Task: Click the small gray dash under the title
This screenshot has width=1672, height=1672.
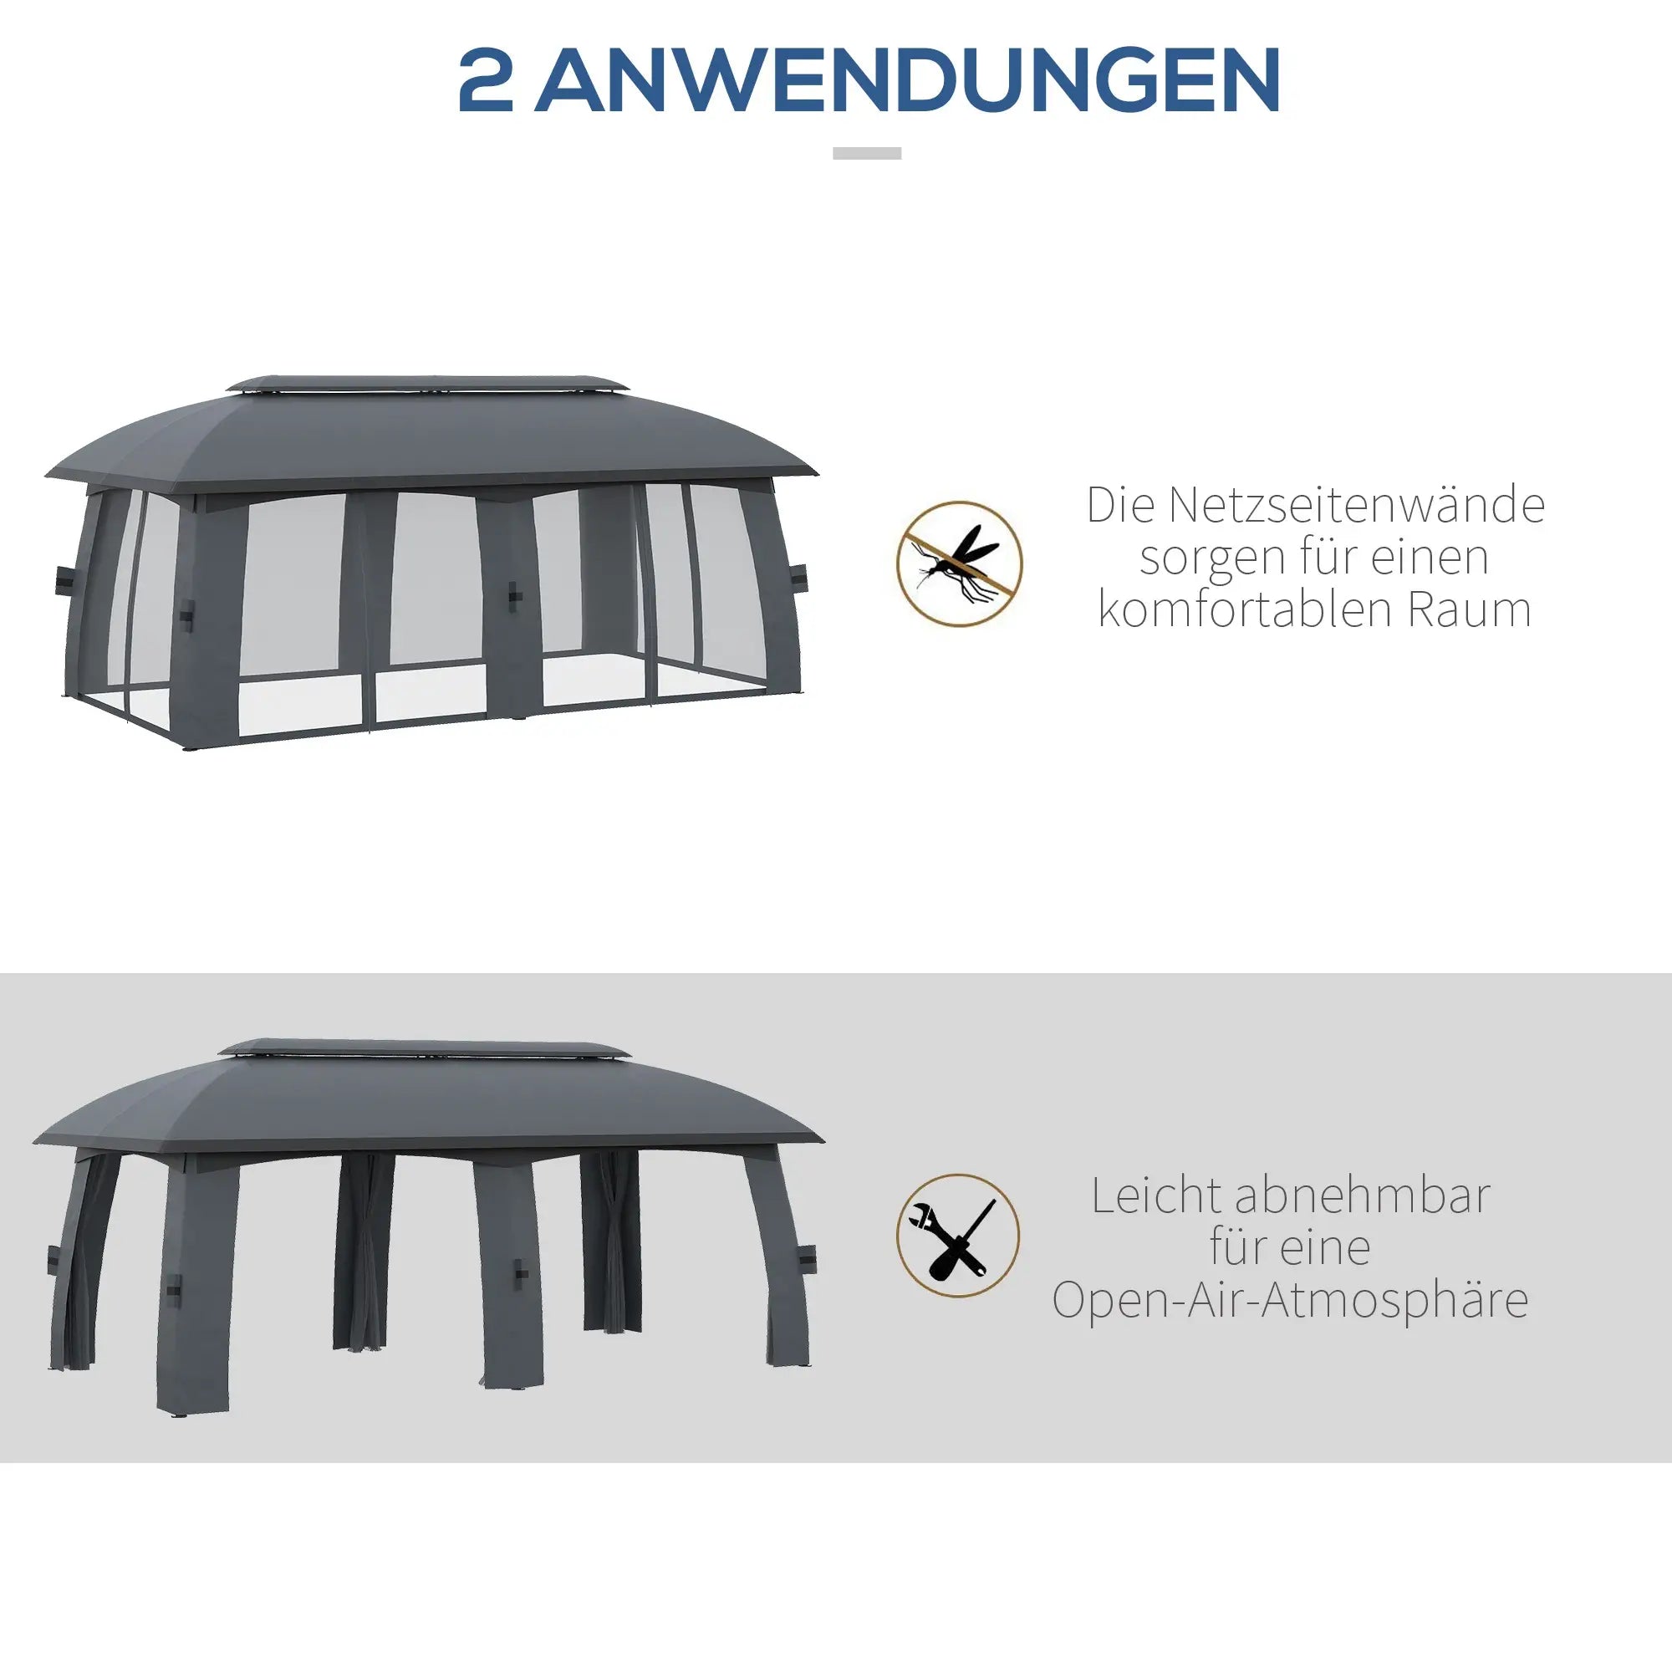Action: point(866,153)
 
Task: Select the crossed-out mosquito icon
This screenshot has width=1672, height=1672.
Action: point(959,563)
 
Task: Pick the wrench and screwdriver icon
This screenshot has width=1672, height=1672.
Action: point(958,1235)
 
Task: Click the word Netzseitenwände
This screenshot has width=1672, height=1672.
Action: point(1356,506)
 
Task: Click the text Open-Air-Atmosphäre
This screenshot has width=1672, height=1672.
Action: point(1290,1300)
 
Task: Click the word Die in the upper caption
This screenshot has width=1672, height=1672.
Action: point(1120,506)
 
